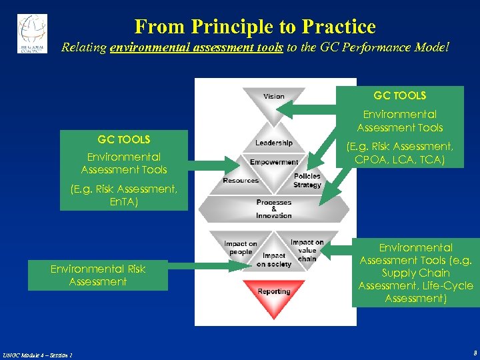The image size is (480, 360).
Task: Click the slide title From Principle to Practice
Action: coord(255,27)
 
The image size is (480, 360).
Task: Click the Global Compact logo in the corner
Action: coord(32,33)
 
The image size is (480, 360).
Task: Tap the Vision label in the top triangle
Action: coord(273,97)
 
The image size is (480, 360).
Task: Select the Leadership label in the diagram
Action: coord(273,143)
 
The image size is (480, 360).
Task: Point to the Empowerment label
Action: coord(274,162)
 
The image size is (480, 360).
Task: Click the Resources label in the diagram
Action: coord(241,181)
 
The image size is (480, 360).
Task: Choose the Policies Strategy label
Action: coord(307,181)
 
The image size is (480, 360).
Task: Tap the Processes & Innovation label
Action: coord(274,209)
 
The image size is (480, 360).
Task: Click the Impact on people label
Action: coord(241,248)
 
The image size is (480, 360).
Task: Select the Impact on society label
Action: coord(274,259)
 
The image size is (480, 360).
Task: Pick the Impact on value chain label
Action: coord(307,250)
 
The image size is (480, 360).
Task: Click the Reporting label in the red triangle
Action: coord(274,291)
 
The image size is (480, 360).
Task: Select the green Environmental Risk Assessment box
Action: coord(98,275)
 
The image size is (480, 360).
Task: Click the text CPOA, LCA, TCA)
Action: coord(400,159)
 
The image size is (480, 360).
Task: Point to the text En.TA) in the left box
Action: coord(124,201)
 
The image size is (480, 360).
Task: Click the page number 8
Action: coord(474,353)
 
